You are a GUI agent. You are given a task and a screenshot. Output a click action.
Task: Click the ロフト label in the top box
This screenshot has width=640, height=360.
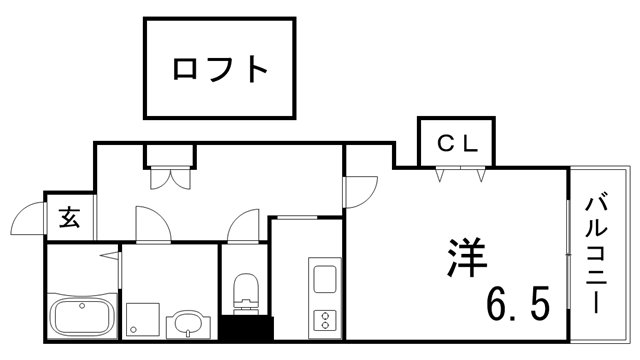[x=221, y=68]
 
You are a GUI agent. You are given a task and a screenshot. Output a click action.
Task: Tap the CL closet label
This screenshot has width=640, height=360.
[x=459, y=143]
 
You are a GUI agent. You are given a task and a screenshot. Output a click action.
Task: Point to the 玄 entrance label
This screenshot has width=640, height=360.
[x=69, y=217]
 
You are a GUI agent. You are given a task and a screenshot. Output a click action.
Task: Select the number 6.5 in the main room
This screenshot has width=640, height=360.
[x=519, y=301]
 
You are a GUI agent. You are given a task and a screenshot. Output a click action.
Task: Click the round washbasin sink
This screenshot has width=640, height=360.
[x=187, y=323]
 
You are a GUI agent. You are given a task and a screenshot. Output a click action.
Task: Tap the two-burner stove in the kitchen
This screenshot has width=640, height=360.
[x=326, y=321]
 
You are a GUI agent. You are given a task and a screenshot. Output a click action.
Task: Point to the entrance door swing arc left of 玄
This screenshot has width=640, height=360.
[x=29, y=221]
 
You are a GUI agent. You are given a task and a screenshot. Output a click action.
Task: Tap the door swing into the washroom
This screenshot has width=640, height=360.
[x=149, y=224]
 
